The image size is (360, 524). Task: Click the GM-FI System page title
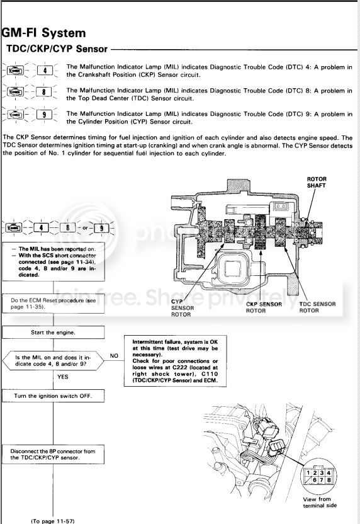(x=44, y=33)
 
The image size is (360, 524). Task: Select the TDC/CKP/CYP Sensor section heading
(x=57, y=48)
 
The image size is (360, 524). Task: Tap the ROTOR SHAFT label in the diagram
(x=317, y=182)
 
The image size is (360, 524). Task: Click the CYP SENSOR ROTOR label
(x=183, y=308)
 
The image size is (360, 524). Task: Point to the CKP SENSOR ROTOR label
(x=264, y=307)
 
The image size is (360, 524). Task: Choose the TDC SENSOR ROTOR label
(x=317, y=307)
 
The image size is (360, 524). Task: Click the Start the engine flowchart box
(x=53, y=333)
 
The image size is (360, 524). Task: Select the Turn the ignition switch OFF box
(x=53, y=396)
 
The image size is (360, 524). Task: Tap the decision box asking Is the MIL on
(x=53, y=361)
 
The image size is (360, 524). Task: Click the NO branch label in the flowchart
(x=114, y=356)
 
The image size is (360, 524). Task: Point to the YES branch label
(x=63, y=377)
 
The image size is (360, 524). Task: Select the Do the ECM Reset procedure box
(x=53, y=304)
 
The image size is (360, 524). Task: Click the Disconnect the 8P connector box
(x=53, y=455)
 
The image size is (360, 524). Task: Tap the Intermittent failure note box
(x=175, y=361)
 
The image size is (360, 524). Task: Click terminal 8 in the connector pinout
(x=329, y=480)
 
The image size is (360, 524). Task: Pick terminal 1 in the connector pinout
(x=308, y=473)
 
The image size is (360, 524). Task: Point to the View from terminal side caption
(x=320, y=503)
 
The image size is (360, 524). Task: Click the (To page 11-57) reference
(x=53, y=521)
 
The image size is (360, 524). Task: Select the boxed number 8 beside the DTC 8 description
(x=44, y=91)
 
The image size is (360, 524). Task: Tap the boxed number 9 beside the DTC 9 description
(x=44, y=115)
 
